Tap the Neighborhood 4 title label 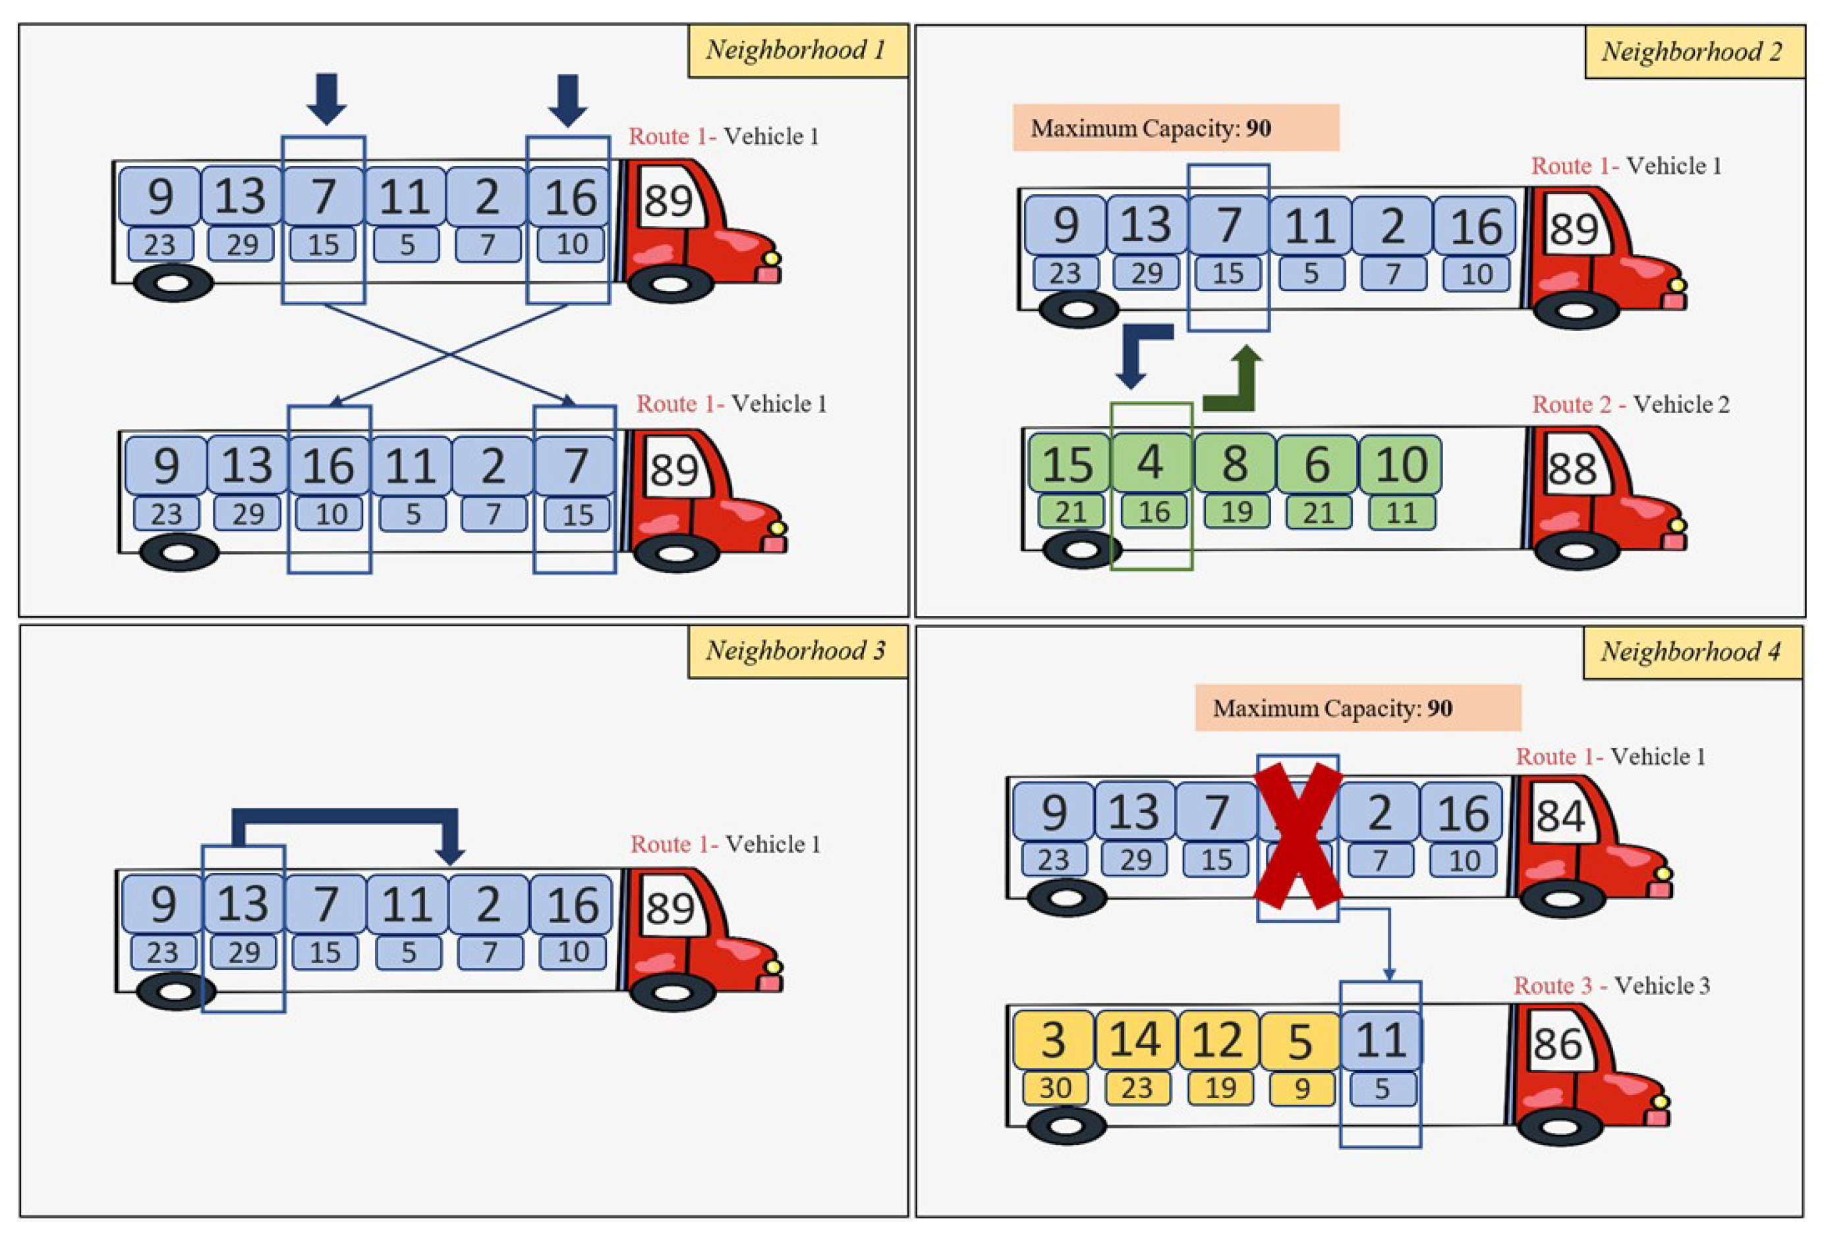[x=1691, y=652]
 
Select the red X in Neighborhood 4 [x=1298, y=837]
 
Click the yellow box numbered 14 [x=1135, y=1040]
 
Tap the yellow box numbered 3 [x=1053, y=1040]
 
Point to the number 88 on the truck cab [x=1572, y=469]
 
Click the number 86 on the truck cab [x=1557, y=1044]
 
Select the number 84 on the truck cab [x=1560, y=816]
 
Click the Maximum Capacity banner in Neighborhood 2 [x=1176, y=128]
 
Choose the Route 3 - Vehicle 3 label [x=1611, y=986]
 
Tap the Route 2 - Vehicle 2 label [x=1630, y=405]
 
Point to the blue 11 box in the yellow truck [x=1381, y=1040]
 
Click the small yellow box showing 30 [x=1055, y=1088]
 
